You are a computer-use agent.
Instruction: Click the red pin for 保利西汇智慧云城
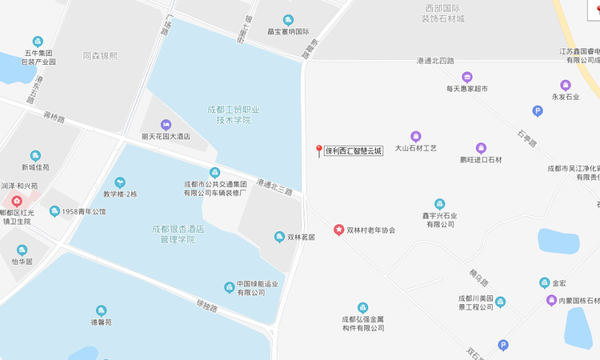tap(319, 150)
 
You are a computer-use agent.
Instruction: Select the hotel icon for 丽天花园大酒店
tap(166, 125)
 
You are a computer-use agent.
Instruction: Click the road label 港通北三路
tap(275, 187)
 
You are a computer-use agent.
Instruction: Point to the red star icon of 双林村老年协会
tap(338, 230)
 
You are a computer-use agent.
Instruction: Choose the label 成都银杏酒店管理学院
tap(178, 234)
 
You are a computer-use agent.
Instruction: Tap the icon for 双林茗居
tap(279, 237)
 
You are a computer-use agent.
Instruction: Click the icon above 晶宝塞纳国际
tap(288, 20)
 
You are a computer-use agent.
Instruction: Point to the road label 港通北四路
tap(435, 61)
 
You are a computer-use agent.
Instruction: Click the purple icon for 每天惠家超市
tap(467, 78)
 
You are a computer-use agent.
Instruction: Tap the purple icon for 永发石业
tap(566, 85)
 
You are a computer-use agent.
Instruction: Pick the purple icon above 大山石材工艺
tap(416, 137)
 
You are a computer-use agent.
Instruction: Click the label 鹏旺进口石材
tap(481, 160)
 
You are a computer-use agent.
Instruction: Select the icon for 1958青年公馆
tap(54, 211)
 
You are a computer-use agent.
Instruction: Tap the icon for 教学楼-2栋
tap(120, 182)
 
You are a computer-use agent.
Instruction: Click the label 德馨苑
tap(102, 322)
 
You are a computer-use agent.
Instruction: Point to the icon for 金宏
tap(545, 283)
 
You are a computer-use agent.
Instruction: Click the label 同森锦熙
tap(100, 56)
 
